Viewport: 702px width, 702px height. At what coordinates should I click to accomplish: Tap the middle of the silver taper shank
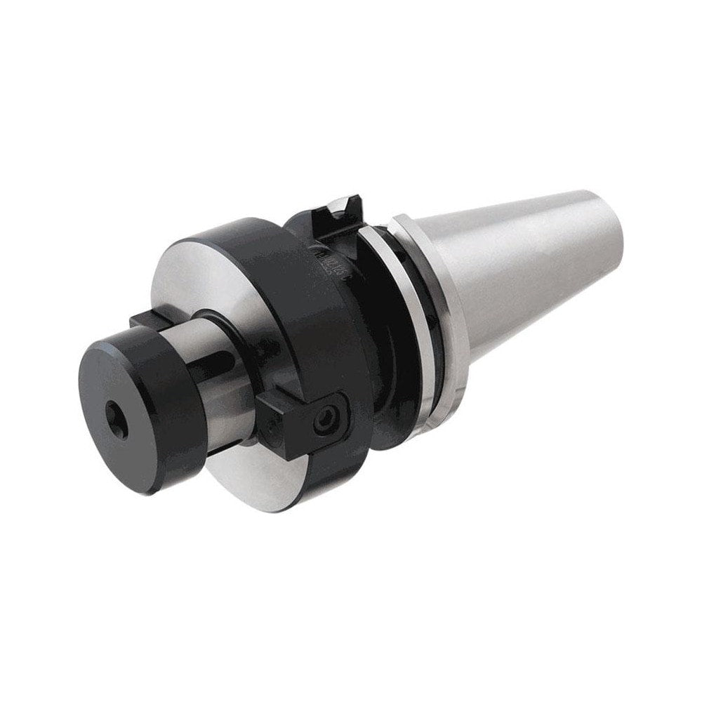pyautogui.click(x=534, y=267)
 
